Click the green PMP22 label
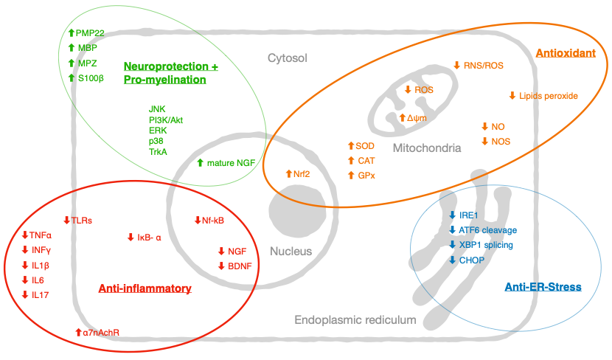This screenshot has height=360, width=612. (90, 33)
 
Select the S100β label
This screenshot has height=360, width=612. (91, 78)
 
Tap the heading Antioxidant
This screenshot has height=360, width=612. (566, 53)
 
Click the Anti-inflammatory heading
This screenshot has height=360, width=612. (145, 288)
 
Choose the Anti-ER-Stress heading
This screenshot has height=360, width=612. (543, 287)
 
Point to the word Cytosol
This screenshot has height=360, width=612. (288, 58)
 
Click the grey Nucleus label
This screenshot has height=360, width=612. (291, 251)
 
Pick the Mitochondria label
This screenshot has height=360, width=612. (427, 148)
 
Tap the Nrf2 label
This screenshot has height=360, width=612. (302, 174)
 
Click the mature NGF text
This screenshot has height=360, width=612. (231, 163)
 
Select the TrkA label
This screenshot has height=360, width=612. (158, 152)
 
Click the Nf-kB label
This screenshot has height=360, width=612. (212, 221)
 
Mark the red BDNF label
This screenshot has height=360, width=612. (240, 266)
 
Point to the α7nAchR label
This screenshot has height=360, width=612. (101, 333)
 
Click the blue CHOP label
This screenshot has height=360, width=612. (471, 260)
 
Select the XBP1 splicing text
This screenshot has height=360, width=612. (486, 245)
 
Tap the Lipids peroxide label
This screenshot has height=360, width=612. (548, 96)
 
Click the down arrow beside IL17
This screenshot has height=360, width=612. (25, 295)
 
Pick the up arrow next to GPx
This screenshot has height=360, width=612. (351, 176)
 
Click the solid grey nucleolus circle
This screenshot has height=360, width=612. (297, 210)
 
